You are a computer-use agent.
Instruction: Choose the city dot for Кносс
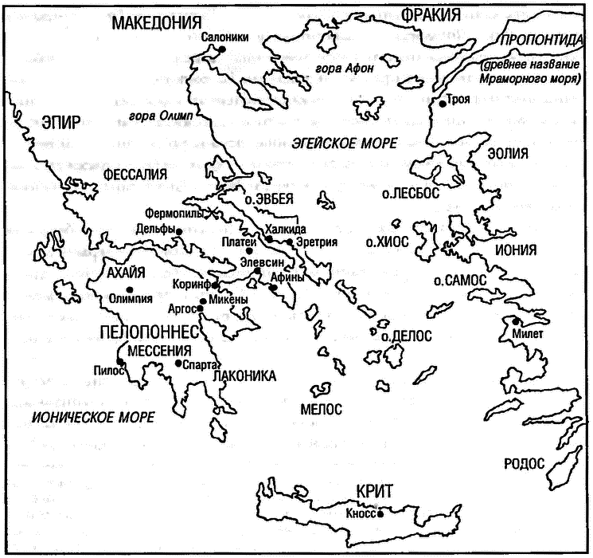(x=380, y=514)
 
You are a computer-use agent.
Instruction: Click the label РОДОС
(x=523, y=463)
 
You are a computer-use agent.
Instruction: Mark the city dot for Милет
(x=517, y=320)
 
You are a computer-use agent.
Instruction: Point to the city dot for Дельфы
(x=180, y=231)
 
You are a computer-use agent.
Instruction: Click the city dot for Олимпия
(x=129, y=289)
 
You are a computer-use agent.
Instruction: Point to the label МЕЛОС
(x=322, y=409)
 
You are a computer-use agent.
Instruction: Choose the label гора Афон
(x=345, y=68)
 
